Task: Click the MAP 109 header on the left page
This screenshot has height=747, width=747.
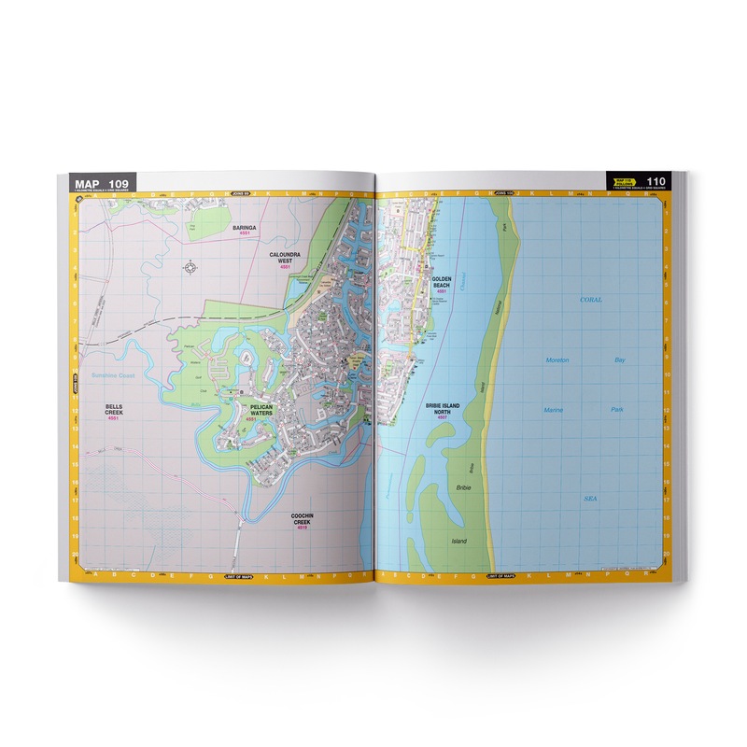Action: (x=99, y=182)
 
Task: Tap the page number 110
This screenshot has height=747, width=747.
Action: (x=655, y=181)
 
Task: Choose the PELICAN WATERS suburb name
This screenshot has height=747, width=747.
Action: (x=247, y=410)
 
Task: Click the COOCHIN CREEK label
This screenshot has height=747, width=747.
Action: (x=303, y=520)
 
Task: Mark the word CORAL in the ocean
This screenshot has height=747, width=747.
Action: (x=590, y=300)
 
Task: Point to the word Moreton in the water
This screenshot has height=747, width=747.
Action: (x=558, y=359)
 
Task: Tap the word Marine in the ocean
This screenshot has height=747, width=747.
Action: (x=557, y=410)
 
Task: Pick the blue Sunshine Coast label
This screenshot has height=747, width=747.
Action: (x=114, y=375)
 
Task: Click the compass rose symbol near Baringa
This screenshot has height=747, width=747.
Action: (x=191, y=267)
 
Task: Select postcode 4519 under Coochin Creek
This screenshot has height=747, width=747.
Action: (x=303, y=529)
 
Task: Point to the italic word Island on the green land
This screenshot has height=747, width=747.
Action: (x=458, y=541)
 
